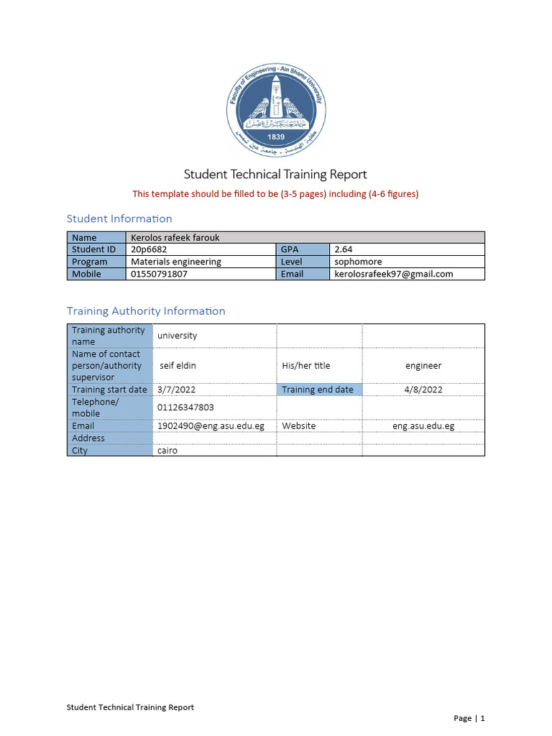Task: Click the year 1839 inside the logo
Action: pos(276,137)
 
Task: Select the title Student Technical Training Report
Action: pos(275,175)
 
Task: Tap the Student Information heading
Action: pos(119,218)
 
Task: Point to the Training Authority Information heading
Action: pos(146,311)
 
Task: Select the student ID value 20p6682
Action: pos(149,249)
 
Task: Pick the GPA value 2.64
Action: pos(344,249)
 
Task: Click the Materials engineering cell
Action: pos(176,262)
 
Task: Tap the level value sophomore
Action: pos(358,262)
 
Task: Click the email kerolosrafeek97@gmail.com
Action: pos(394,274)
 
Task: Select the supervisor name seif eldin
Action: pos(178,366)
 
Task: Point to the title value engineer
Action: pos(423,366)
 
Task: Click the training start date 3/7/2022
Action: pos(176,390)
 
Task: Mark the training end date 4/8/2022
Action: pos(423,390)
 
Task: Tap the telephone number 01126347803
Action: pos(185,408)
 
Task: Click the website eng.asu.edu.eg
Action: pos(423,426)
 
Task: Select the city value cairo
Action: pos(167,451)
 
